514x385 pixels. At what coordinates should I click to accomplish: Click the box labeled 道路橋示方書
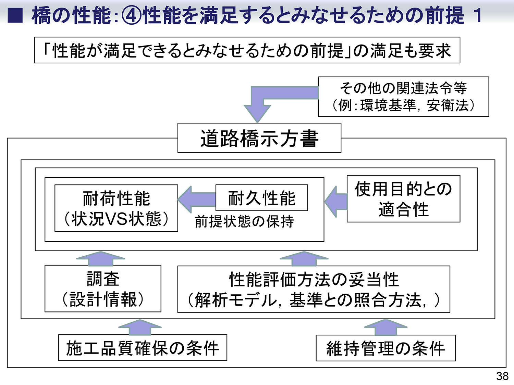(x=259, y=138)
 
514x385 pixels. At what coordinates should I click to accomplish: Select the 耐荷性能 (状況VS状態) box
(x=116, y=208)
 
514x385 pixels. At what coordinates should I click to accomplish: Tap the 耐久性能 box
(x=262, y=198)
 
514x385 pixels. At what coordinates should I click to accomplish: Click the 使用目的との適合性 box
(x=403, y=199)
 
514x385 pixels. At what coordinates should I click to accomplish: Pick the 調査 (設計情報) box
(x=103, y=288)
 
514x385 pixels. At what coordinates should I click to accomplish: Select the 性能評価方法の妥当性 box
(x=314, y=289)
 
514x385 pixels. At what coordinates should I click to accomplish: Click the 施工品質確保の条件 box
(x=143, y=348)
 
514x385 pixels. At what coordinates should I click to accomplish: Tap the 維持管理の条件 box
(x=385, y=348)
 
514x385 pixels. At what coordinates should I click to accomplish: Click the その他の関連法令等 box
(x=403, y=97)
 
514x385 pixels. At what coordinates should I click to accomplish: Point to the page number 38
(x=502, y=376)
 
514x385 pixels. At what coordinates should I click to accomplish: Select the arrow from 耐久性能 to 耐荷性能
(x=196, y=199)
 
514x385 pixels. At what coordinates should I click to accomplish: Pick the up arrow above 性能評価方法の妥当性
(x=304, y=259)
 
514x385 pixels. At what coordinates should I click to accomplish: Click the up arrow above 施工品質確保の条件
(x=140, y=327)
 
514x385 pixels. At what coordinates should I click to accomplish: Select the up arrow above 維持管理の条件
(x=385, y=327)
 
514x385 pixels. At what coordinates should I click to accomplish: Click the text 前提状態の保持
(x=244, y=221)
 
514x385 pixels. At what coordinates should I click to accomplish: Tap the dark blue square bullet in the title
(x=15, y=16)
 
